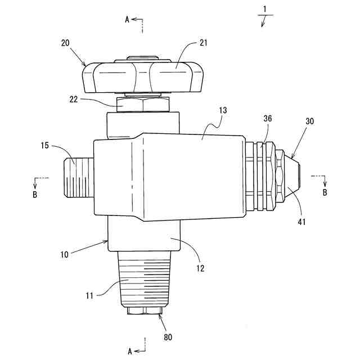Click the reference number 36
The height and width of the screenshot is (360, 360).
tap(269, 119)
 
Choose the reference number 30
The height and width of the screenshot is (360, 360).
tap(310, 122)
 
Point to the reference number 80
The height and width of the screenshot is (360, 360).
tap(168, 337)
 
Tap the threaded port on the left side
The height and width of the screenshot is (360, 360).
tap(76, 177)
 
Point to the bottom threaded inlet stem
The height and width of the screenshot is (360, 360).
tap(145, 278)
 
